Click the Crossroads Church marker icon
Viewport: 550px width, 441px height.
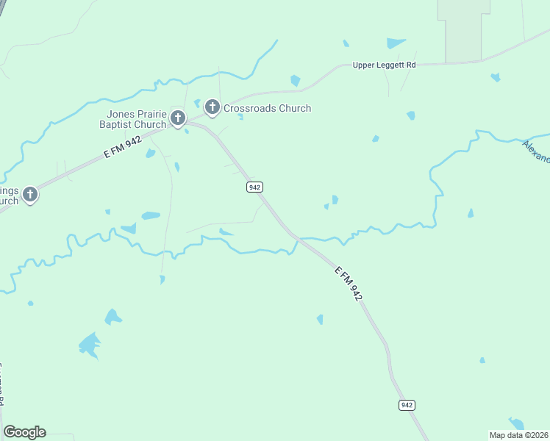pyautogui.click(x=213, y=108)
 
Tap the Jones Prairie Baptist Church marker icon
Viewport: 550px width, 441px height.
pyautogui.click(x=177, y=118)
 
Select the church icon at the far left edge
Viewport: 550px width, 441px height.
pyautogui.click(x=29, y=194)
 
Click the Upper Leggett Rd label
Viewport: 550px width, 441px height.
pyautogui.click(x=384, y=65)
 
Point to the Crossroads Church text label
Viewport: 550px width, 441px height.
pyautogui.click(x=267, y=108)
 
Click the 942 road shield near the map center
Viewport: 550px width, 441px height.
pyautogui.click(x=254, y=187)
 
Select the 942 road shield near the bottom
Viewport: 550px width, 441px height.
pyautogui.click(x=407, y=405)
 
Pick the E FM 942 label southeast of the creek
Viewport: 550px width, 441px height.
pyautogui.click(x=349, y=283)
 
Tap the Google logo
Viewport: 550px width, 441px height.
pyautogui.click(x=24, y=431)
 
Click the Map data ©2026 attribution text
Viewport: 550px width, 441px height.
pyautogui.click(x=518, y=435)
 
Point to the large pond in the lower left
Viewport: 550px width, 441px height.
pyautogui.click(x=90, y=344)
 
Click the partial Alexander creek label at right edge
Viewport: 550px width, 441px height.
pyautogui.click(x=537, y=151)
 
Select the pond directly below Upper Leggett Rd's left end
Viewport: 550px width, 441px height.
pyautogui.click(x=296, y=80)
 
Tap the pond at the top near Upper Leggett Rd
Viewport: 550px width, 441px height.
pyautogui.click(x=396, y=43)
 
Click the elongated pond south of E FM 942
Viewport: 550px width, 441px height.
pyautogui.click(x=151, y=216)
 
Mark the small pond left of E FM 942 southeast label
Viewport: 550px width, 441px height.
pyautogui.click(x=320, y=319)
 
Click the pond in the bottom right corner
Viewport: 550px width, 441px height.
pyautogui.click(x=517, y=424)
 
